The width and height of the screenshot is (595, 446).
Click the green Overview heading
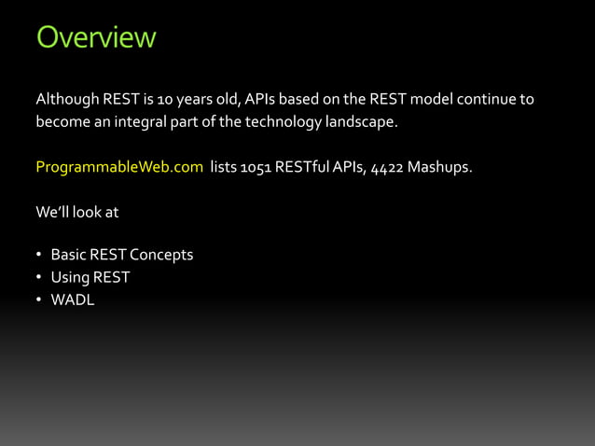tap(95, 38)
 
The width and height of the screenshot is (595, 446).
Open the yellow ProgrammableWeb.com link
tap(119, 168)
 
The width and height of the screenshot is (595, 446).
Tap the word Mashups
tap(438, 168)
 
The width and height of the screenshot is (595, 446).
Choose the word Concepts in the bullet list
tap(160, 255)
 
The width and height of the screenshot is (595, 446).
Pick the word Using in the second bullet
tap(68, 277)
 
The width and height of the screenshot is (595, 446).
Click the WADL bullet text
tap(72, 300)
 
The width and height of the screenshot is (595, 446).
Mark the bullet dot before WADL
tap(39, 300)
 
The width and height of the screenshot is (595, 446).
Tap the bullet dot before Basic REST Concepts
tap(39, 256)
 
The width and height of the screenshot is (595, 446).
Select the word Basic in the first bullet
tap(67, 255)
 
